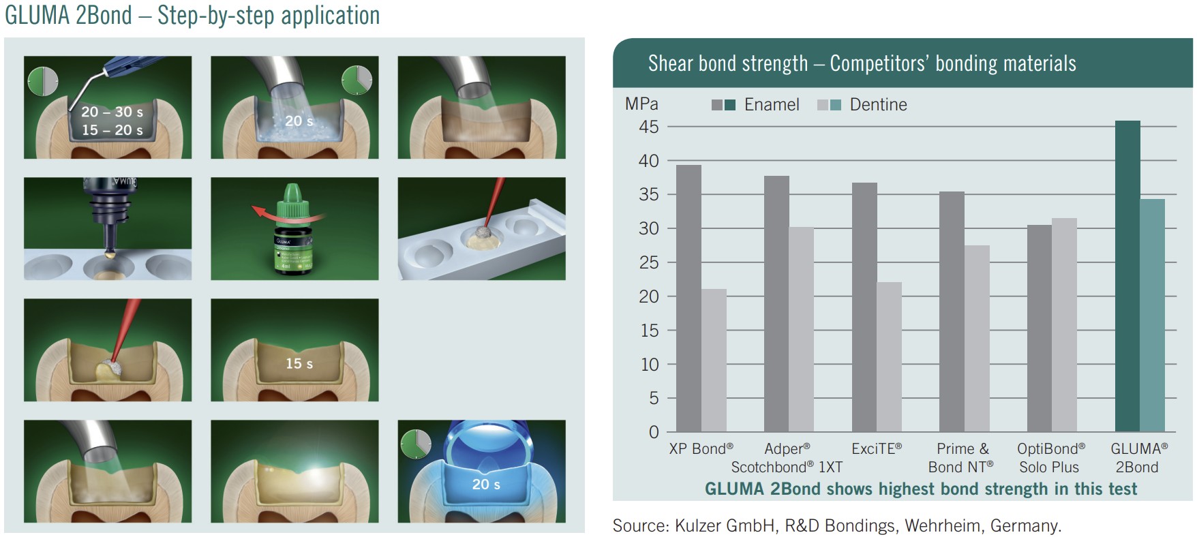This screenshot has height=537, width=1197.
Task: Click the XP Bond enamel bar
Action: (x=688, y=298)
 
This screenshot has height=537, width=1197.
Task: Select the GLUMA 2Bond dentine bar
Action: (x=1153, y=316)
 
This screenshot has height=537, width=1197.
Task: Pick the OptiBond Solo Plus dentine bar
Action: (x=1065, y=325)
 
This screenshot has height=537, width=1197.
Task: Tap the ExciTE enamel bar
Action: (x=864, y=307)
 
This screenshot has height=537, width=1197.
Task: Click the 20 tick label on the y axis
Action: (x=649, y=296)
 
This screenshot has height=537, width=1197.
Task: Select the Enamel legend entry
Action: (x=755, y=104)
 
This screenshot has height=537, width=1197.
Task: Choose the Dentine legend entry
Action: (x=862, y=104)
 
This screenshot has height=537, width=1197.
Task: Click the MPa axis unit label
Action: (x=641, y=104)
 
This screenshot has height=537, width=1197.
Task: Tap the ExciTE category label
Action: (x=877, y=448)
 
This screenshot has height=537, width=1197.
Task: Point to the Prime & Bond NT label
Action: (x=962, y=458)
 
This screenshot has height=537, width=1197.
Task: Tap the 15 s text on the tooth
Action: (x=299, y=363)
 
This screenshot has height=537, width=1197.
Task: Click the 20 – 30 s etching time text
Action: (x=112, y=112)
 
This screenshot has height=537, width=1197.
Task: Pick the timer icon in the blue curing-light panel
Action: (x=416, y=444)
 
